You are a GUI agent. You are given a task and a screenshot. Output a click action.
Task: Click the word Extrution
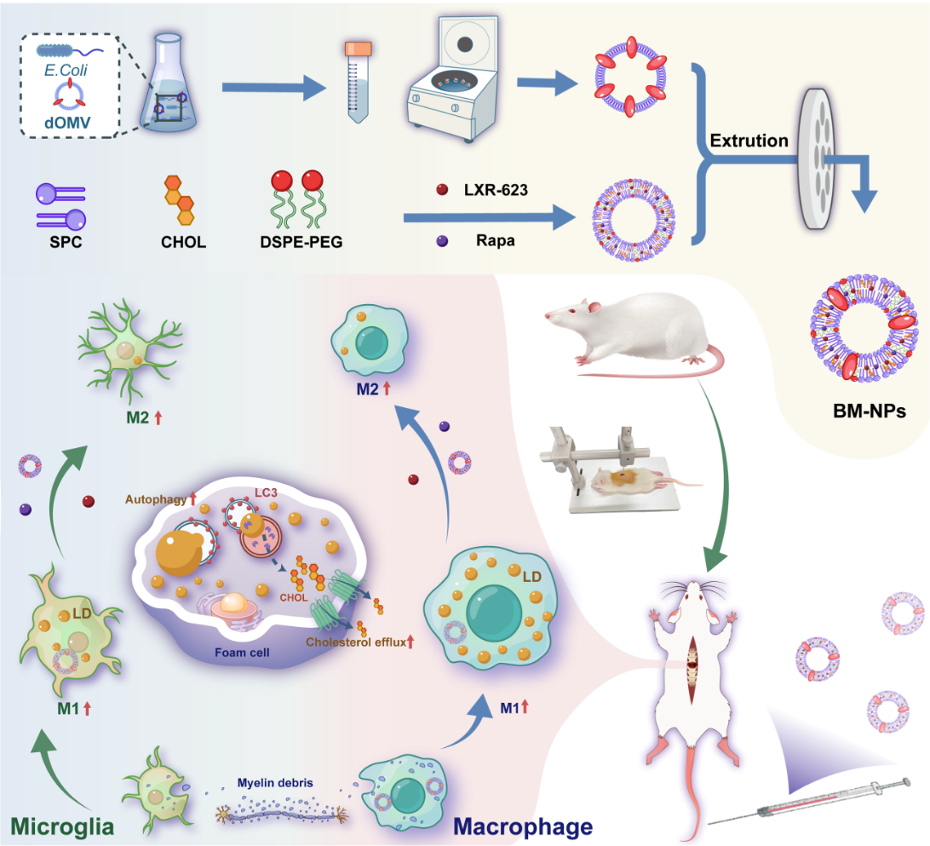pos(749,141)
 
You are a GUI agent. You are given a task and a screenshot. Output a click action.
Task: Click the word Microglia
pos(62,826)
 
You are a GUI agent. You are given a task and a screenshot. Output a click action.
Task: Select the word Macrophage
pos(523,826)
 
